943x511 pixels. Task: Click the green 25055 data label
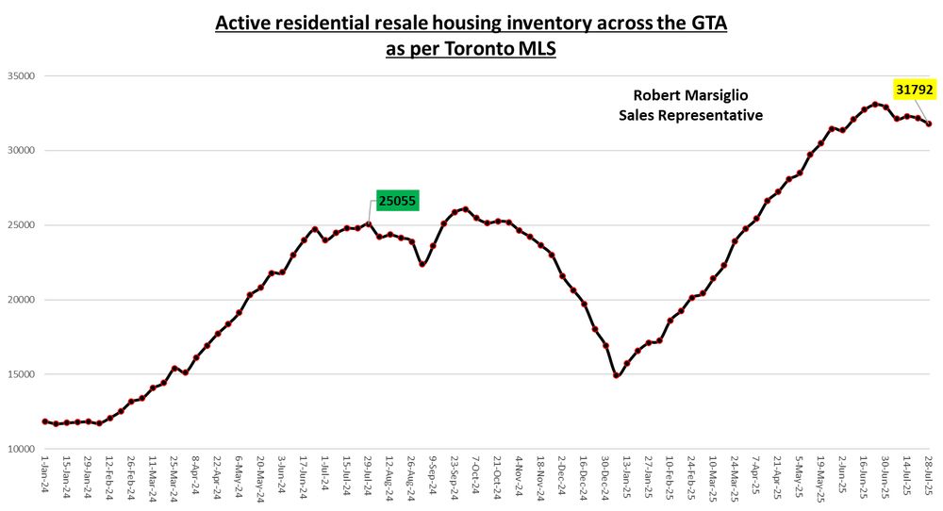397,200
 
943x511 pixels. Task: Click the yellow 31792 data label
915,90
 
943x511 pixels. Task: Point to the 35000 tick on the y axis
20,76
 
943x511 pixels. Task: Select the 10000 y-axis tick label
20,449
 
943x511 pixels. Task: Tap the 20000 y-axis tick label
20,300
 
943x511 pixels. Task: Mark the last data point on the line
929,124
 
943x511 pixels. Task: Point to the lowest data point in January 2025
617,375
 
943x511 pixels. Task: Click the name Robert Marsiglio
690,95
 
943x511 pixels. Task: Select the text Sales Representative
690,115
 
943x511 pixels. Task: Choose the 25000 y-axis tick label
20,225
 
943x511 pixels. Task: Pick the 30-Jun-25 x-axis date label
885,478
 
